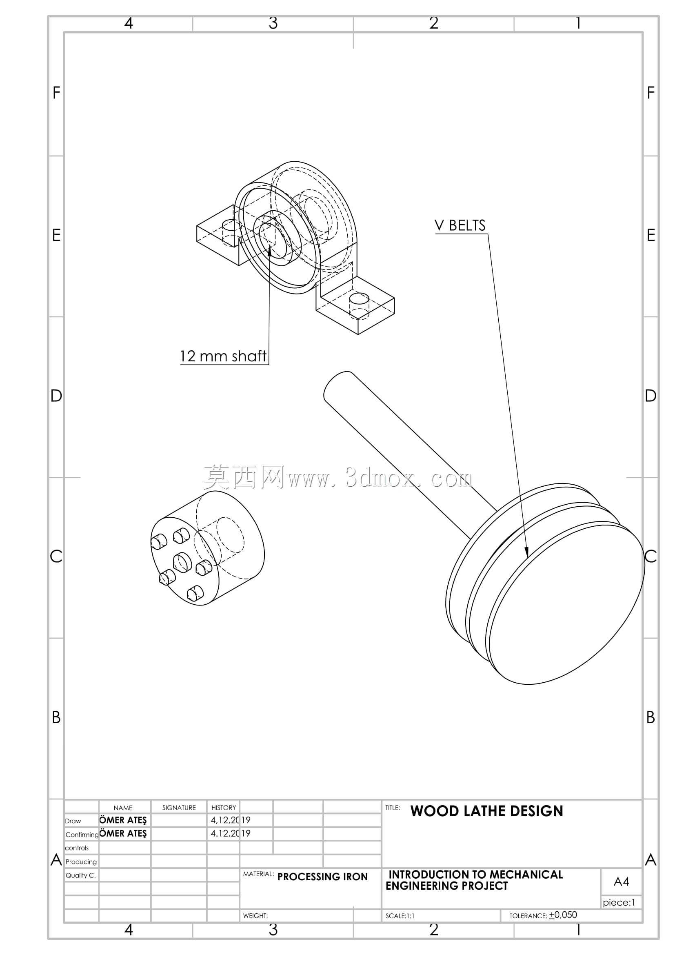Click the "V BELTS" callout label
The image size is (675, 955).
click(x=460, y=225)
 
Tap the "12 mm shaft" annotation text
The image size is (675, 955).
click(x=223, y=356)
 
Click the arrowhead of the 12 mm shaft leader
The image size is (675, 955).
click(x=270, y=251)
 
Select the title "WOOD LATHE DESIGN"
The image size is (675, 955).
click(x=487, y=811)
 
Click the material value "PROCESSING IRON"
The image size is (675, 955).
click(x=322, y=876)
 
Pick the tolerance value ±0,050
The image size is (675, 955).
click(x=563, y=915)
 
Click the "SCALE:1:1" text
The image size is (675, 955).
click(x=400, y=916)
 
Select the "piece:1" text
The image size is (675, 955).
click(x=619, y=902)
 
